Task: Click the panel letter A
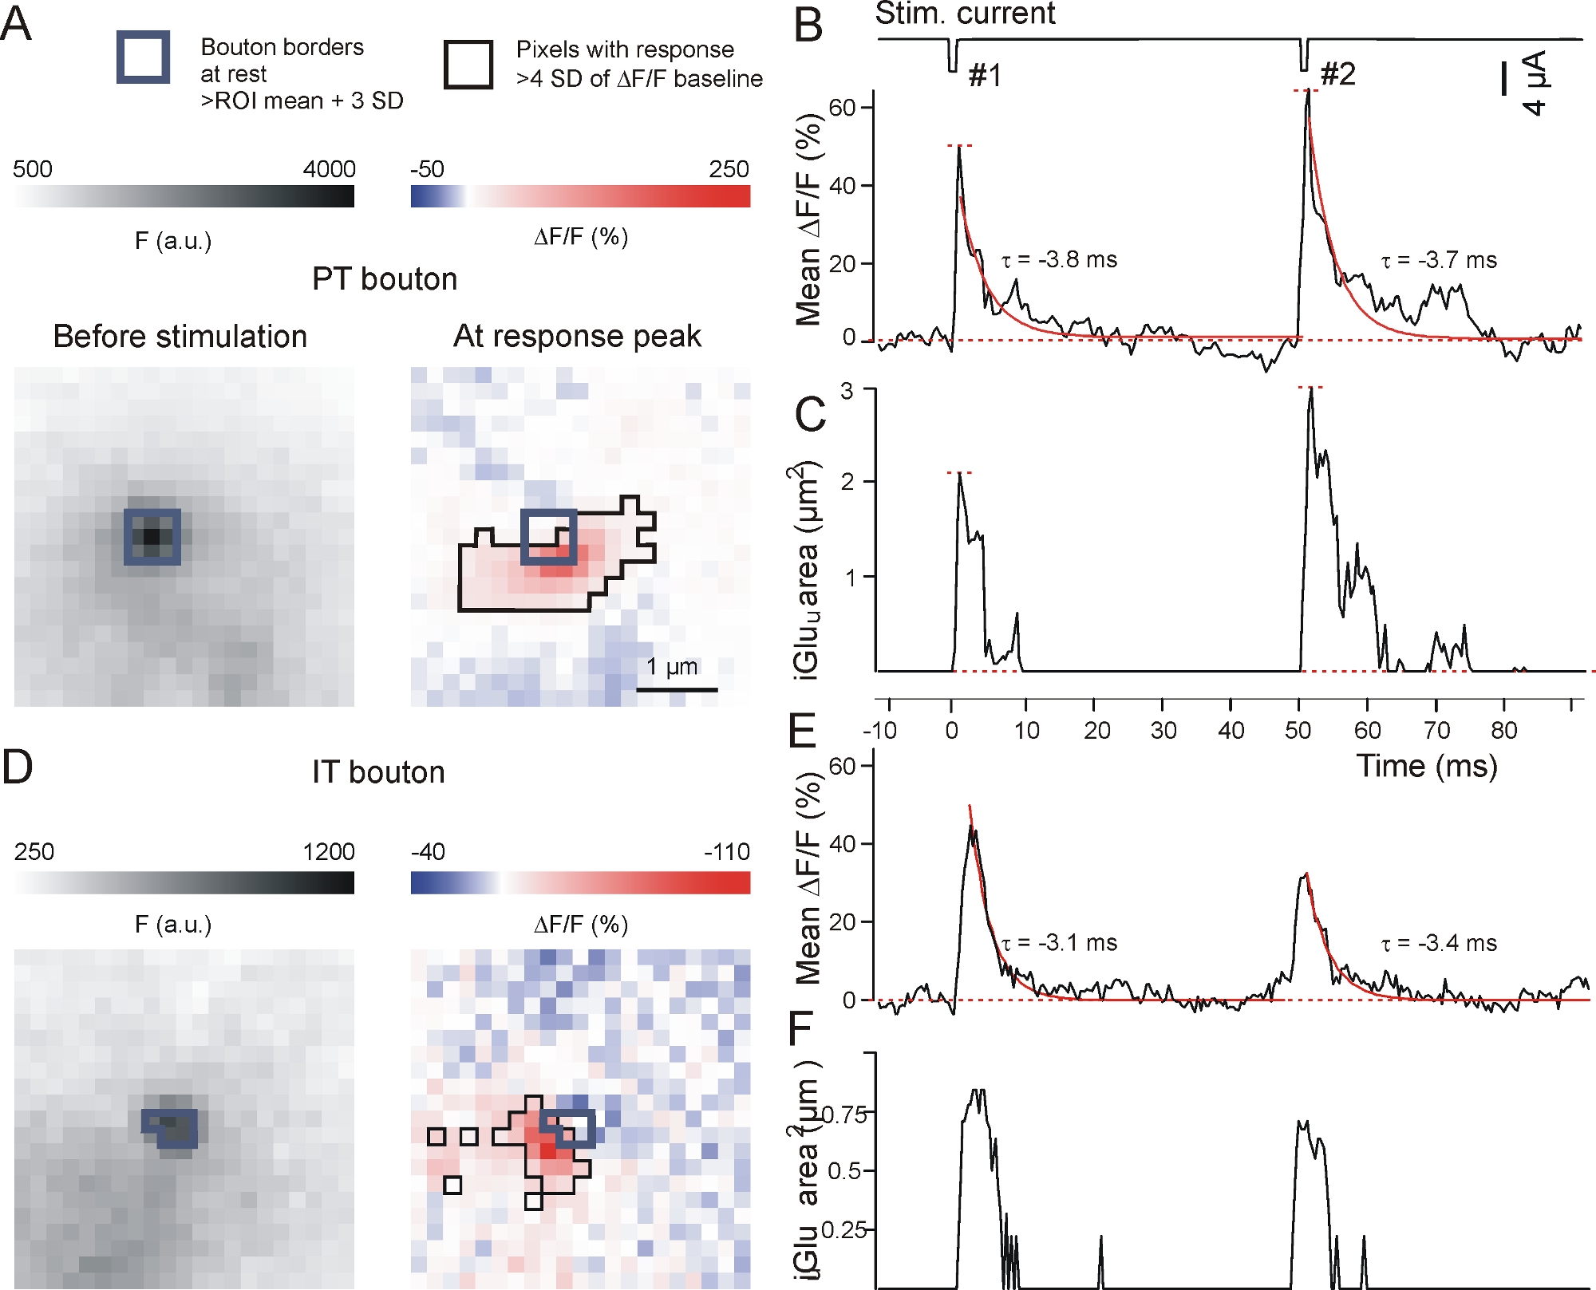click(x=16, y=24)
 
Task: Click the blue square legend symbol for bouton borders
click(x=143, y=57)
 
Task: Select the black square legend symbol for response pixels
click(x=468, y=65)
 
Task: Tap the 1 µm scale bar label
click(x=672, y=666)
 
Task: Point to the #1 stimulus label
click(x=985, y=76)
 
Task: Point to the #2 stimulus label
click(x=1338, y=74)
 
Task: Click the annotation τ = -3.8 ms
click(x=1060, y=259)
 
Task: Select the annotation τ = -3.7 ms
click(x=1439, y=260)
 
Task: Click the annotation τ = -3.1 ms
click(x=1060, y=943)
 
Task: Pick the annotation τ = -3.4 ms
click(x=1439, y=943)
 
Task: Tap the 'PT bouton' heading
click(x=385, y=279)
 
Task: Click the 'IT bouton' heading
click(x=378, y=772)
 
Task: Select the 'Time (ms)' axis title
click(x=1427, y=766)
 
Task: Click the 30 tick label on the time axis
click(x=1163, y=730)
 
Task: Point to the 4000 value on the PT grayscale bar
click(x=329, y=169)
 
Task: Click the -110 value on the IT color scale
click(x=726, y=852)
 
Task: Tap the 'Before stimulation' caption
click(x=180, y=337)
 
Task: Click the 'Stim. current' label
click(x=965, y=14)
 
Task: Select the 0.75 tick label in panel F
click(x=846, y=1114)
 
